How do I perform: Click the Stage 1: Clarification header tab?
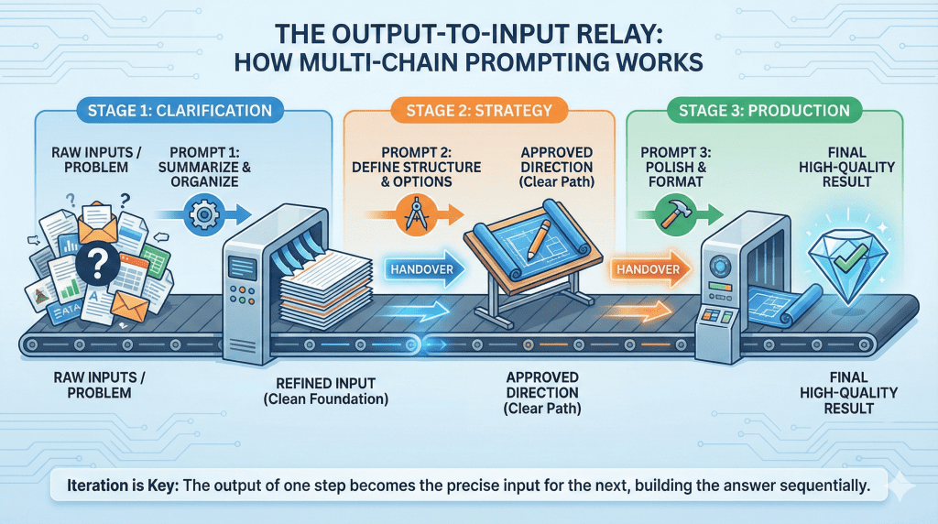180,111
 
